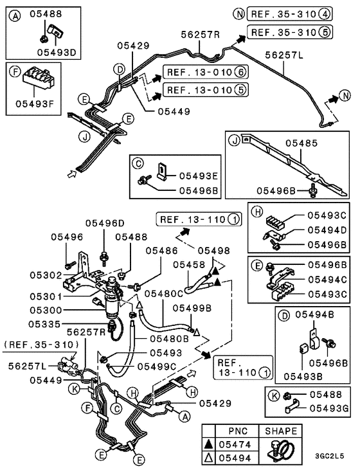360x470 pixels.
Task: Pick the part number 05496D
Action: point(107,223)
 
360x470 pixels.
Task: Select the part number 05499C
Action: point(168,366)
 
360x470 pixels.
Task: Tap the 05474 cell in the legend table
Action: point(239,444)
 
